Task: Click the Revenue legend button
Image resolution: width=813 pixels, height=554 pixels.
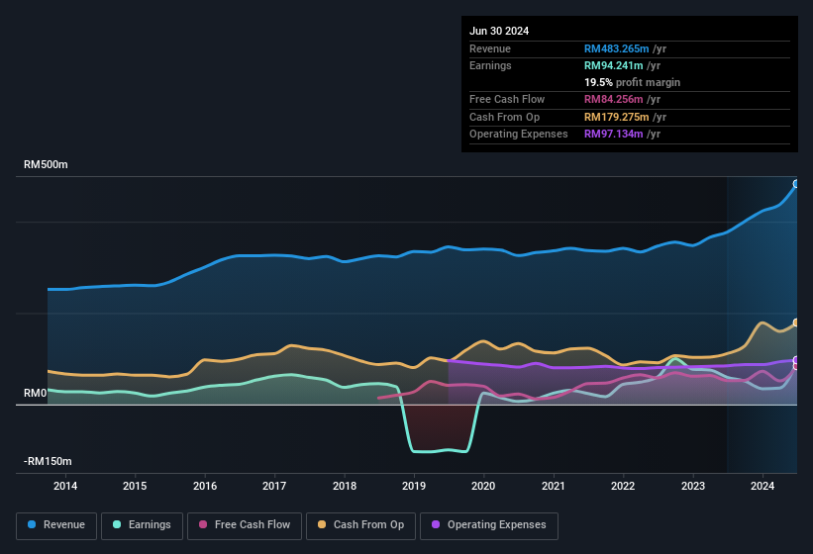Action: [56, 525]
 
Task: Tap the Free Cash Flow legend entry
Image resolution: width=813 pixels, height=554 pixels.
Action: [245, 525]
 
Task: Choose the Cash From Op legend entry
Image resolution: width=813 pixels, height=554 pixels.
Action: [359, 525]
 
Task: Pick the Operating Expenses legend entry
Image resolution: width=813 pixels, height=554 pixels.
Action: [489, 525]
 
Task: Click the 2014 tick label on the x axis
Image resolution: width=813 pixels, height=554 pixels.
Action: [65, 486]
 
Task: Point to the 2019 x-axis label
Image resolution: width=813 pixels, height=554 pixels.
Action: [414, 486]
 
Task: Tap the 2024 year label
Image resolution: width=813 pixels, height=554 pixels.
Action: [762, 486]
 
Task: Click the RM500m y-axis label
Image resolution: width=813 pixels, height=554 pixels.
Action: [47, 164]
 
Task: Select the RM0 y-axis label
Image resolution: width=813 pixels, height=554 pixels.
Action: [35, 393]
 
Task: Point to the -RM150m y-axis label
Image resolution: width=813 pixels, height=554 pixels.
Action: [48, 461]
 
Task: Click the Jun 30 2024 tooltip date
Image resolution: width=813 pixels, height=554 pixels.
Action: [499, 31]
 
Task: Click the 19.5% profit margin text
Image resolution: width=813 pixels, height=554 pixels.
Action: [632, 82]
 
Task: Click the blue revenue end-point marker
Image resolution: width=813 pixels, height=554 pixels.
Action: [796, 184]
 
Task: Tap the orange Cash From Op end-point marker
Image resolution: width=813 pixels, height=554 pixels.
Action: [796, 323]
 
